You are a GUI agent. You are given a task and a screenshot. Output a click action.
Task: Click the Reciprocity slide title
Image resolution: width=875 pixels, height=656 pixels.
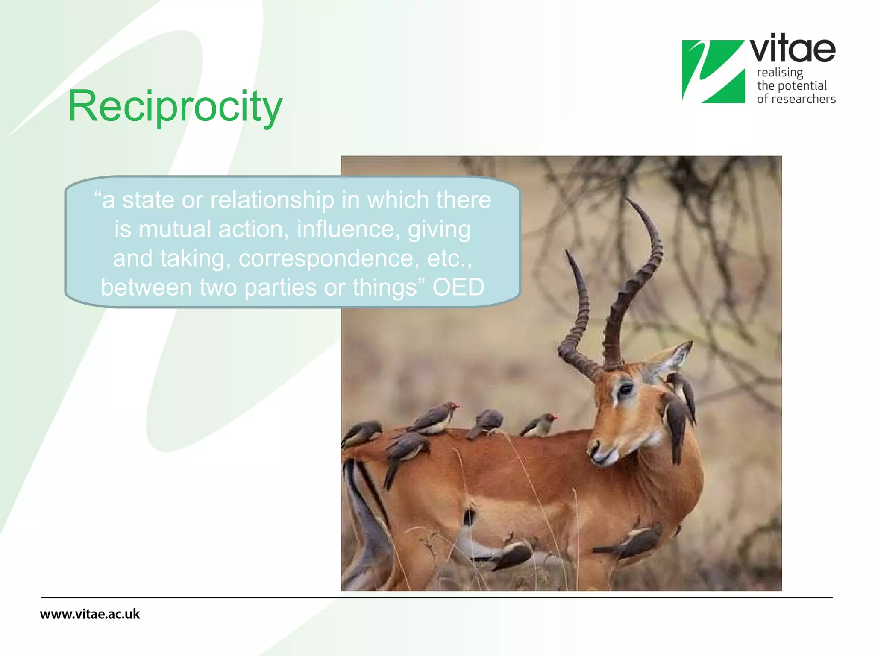coord(175,107)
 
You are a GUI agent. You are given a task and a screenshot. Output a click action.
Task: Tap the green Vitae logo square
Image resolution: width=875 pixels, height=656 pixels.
coord(713,71)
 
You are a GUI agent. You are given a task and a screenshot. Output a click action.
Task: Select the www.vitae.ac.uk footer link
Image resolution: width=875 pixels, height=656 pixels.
coord(90,614)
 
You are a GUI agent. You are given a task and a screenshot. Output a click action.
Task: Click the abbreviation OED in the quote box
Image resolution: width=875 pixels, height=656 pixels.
coord(458,287)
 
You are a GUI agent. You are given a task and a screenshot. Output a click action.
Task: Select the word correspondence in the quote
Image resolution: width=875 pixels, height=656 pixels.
coord(329,258)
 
